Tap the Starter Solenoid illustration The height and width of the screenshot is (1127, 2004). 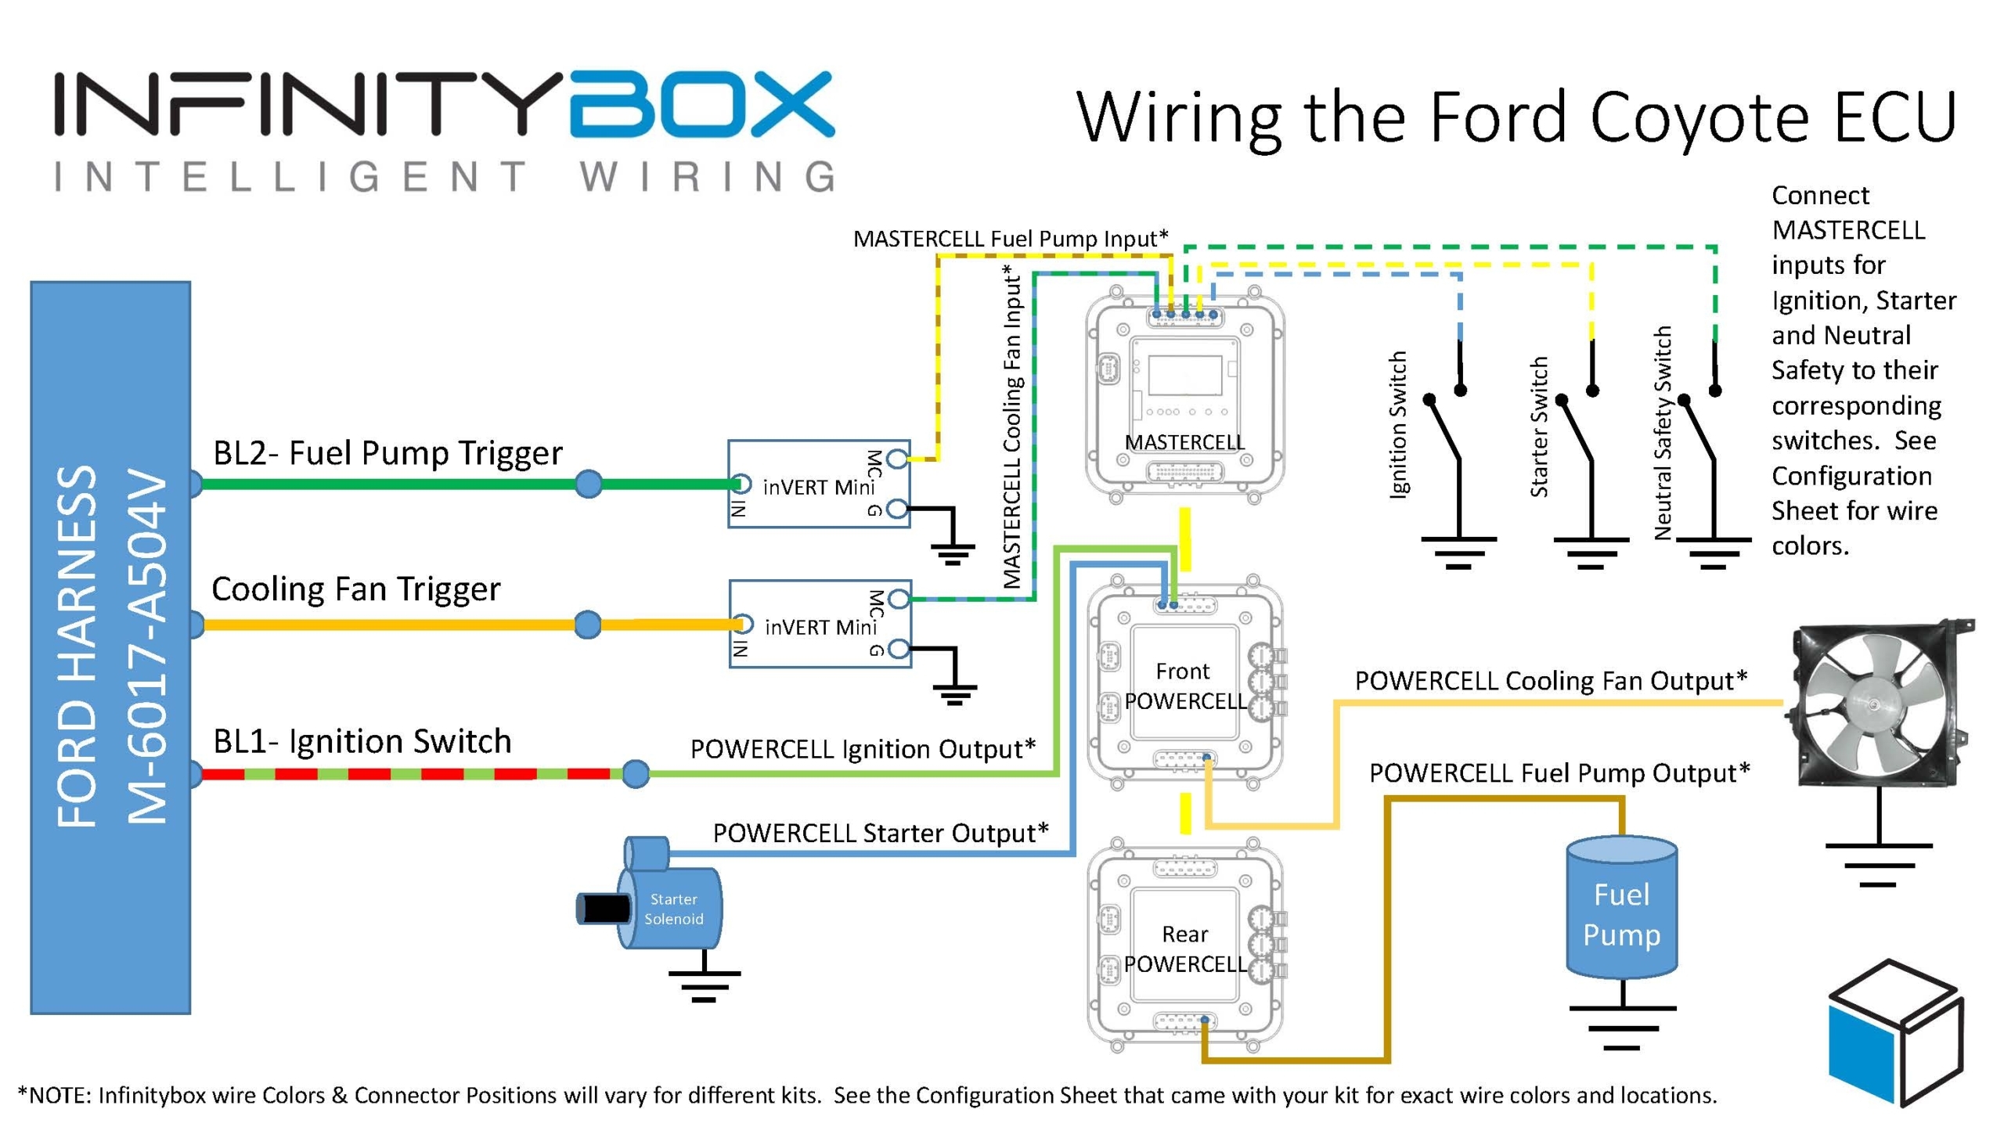coord(672,909)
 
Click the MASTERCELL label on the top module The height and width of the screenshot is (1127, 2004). coord(1184,442)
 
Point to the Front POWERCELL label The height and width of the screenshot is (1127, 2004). coord(1184,686)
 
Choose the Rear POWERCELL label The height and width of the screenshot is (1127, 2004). coord(1184,949)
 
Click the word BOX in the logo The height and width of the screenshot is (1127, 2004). coord(702,106)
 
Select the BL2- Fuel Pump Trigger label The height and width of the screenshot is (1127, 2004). coord(387,453)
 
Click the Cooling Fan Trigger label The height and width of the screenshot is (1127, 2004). coord(355,589)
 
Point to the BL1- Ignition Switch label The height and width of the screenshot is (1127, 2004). coord(362,741)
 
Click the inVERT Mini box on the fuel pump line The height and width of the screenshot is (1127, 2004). coord(819,484)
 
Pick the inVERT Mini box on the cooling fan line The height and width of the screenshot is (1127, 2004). coord(820,624)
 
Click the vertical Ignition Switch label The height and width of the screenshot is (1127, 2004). coord(1397,424)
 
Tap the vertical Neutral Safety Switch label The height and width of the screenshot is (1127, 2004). coord(1663,433)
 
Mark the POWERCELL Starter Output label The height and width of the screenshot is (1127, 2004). coord(880,833)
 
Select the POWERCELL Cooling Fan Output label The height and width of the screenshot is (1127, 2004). coord(1551,681)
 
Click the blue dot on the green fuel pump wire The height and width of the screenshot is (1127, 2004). coord(589,484)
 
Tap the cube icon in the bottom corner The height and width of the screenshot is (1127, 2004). coord(1896,1032)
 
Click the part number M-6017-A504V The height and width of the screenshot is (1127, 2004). coord(147,647)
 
